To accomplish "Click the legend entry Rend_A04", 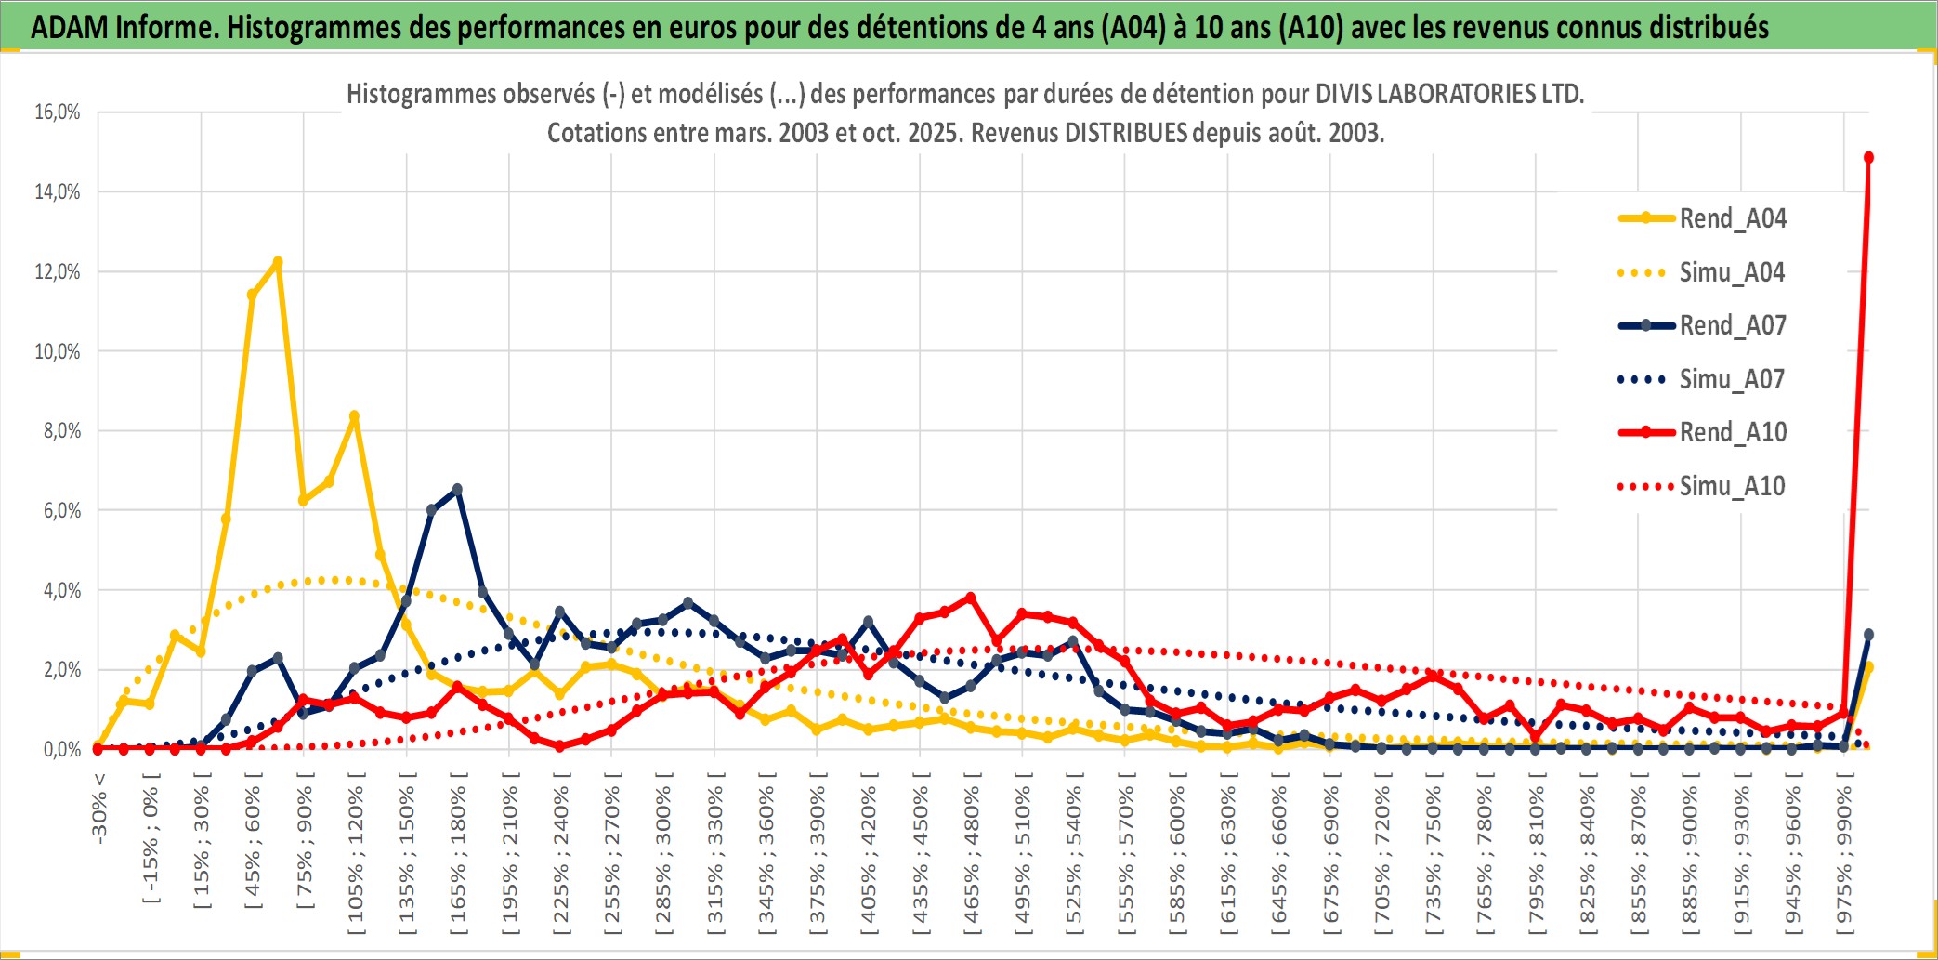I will (x=1732, y=218).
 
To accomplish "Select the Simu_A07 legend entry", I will (x=1732, y=379).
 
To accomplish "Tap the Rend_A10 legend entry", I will (x=1733, y=432).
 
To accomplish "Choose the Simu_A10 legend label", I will (x=1732, y=486).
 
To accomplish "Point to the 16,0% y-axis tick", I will (x=58, y=112).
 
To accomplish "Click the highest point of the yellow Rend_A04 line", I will (x=277, y=262).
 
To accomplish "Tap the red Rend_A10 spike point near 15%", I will (x=1868, y=158).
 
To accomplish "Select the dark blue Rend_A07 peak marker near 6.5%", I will (x=457, y=490).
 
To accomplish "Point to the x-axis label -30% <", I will (x=99, y=808).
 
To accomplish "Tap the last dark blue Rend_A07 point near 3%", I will (x=1868, y=635).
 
